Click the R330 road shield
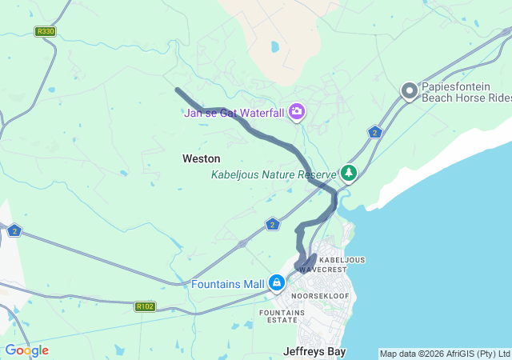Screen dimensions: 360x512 click(x=45, y=31)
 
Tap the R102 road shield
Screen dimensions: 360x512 click(x=145, y=306)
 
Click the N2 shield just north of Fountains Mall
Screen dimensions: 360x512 click(x=273, y=224)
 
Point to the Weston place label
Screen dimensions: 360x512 click(x=196, y=158)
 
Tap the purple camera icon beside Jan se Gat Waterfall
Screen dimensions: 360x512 click(x=297, y=111)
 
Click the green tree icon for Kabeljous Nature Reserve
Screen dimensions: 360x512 click(x=349, y=172)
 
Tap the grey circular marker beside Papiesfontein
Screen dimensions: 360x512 click(x=410, y=90)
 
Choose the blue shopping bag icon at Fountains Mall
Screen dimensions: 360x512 click(x=277, y=282)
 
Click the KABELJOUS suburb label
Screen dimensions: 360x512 click(x=342, y=260)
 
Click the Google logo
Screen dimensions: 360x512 click(x=26, y=350)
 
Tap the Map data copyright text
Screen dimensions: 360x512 click(x=444, y=354)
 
